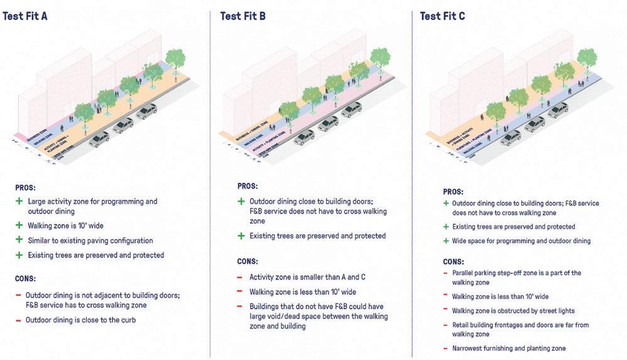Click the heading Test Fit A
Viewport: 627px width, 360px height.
pyautogui.click(x=25, y=16)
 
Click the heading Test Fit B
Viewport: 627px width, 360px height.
pyautogui.click(x=243, y=16)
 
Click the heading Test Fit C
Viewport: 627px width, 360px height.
pyautogui.click(x=443, y=16)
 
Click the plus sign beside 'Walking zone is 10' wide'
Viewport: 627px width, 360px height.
pyautogui.click(x=19, y=226)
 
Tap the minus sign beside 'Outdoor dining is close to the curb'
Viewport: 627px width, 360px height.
pyautogui.click(x=19, y=320)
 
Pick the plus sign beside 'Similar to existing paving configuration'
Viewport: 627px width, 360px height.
pyautogui.click(x=19, y=241)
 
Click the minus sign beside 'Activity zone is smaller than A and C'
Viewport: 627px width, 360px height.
pyautogui.click(x=241, y=277)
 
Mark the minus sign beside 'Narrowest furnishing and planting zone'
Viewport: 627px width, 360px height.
pyautogui.click(x=445, y=348)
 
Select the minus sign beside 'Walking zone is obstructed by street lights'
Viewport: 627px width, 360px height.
pyautogui.click(x=445, y=311)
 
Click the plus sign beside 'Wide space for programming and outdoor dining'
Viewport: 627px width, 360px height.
pyautogui.click(x=445, y=241)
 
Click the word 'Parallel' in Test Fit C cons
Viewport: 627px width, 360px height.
pyautogui.click(x=465, y=274)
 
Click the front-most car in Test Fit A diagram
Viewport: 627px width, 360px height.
pyautogui.click(x=99, y=139)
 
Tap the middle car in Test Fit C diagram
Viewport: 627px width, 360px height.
pyautogui.click(x=534, y=124)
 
